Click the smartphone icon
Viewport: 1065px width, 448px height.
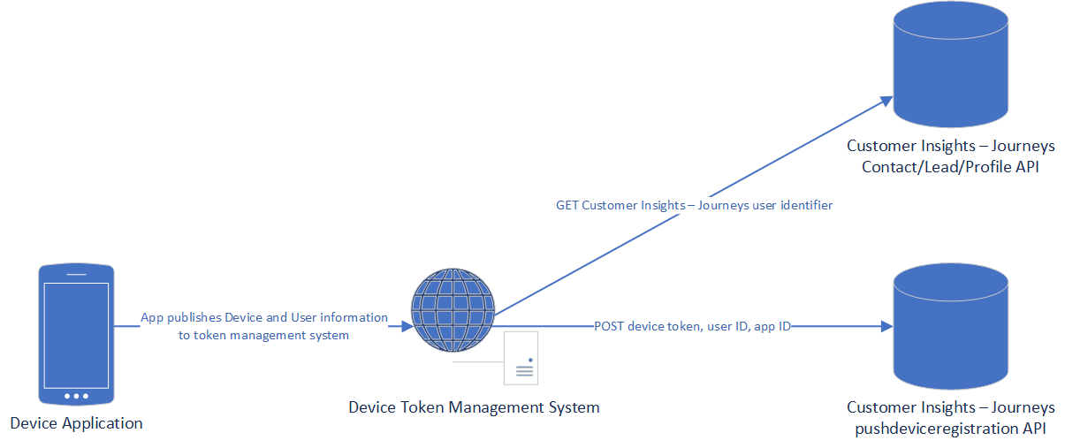click(x=76, y=333)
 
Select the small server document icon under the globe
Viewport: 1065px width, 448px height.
click(x=521, y=359)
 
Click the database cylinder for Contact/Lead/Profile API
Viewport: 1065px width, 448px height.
click(x=950, y=66)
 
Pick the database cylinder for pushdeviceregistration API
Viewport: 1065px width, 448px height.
click(x=950, y=327)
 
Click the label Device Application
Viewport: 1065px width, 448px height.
click(x=76, y=423)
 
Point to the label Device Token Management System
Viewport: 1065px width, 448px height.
click(x=474, y=407)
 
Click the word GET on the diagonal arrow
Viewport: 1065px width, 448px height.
click(x=567, y=205)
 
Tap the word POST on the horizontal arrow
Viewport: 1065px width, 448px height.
click(x=610, y=327)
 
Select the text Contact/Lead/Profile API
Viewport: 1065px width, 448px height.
click(x=950, y=167)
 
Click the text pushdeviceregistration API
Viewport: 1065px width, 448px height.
click(x=950, y=429)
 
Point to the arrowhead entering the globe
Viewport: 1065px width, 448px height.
click(x=407, y=326)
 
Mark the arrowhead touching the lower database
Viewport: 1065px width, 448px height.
click(x=887, y=327)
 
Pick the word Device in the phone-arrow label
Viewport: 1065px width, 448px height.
click(x=243, y=317)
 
